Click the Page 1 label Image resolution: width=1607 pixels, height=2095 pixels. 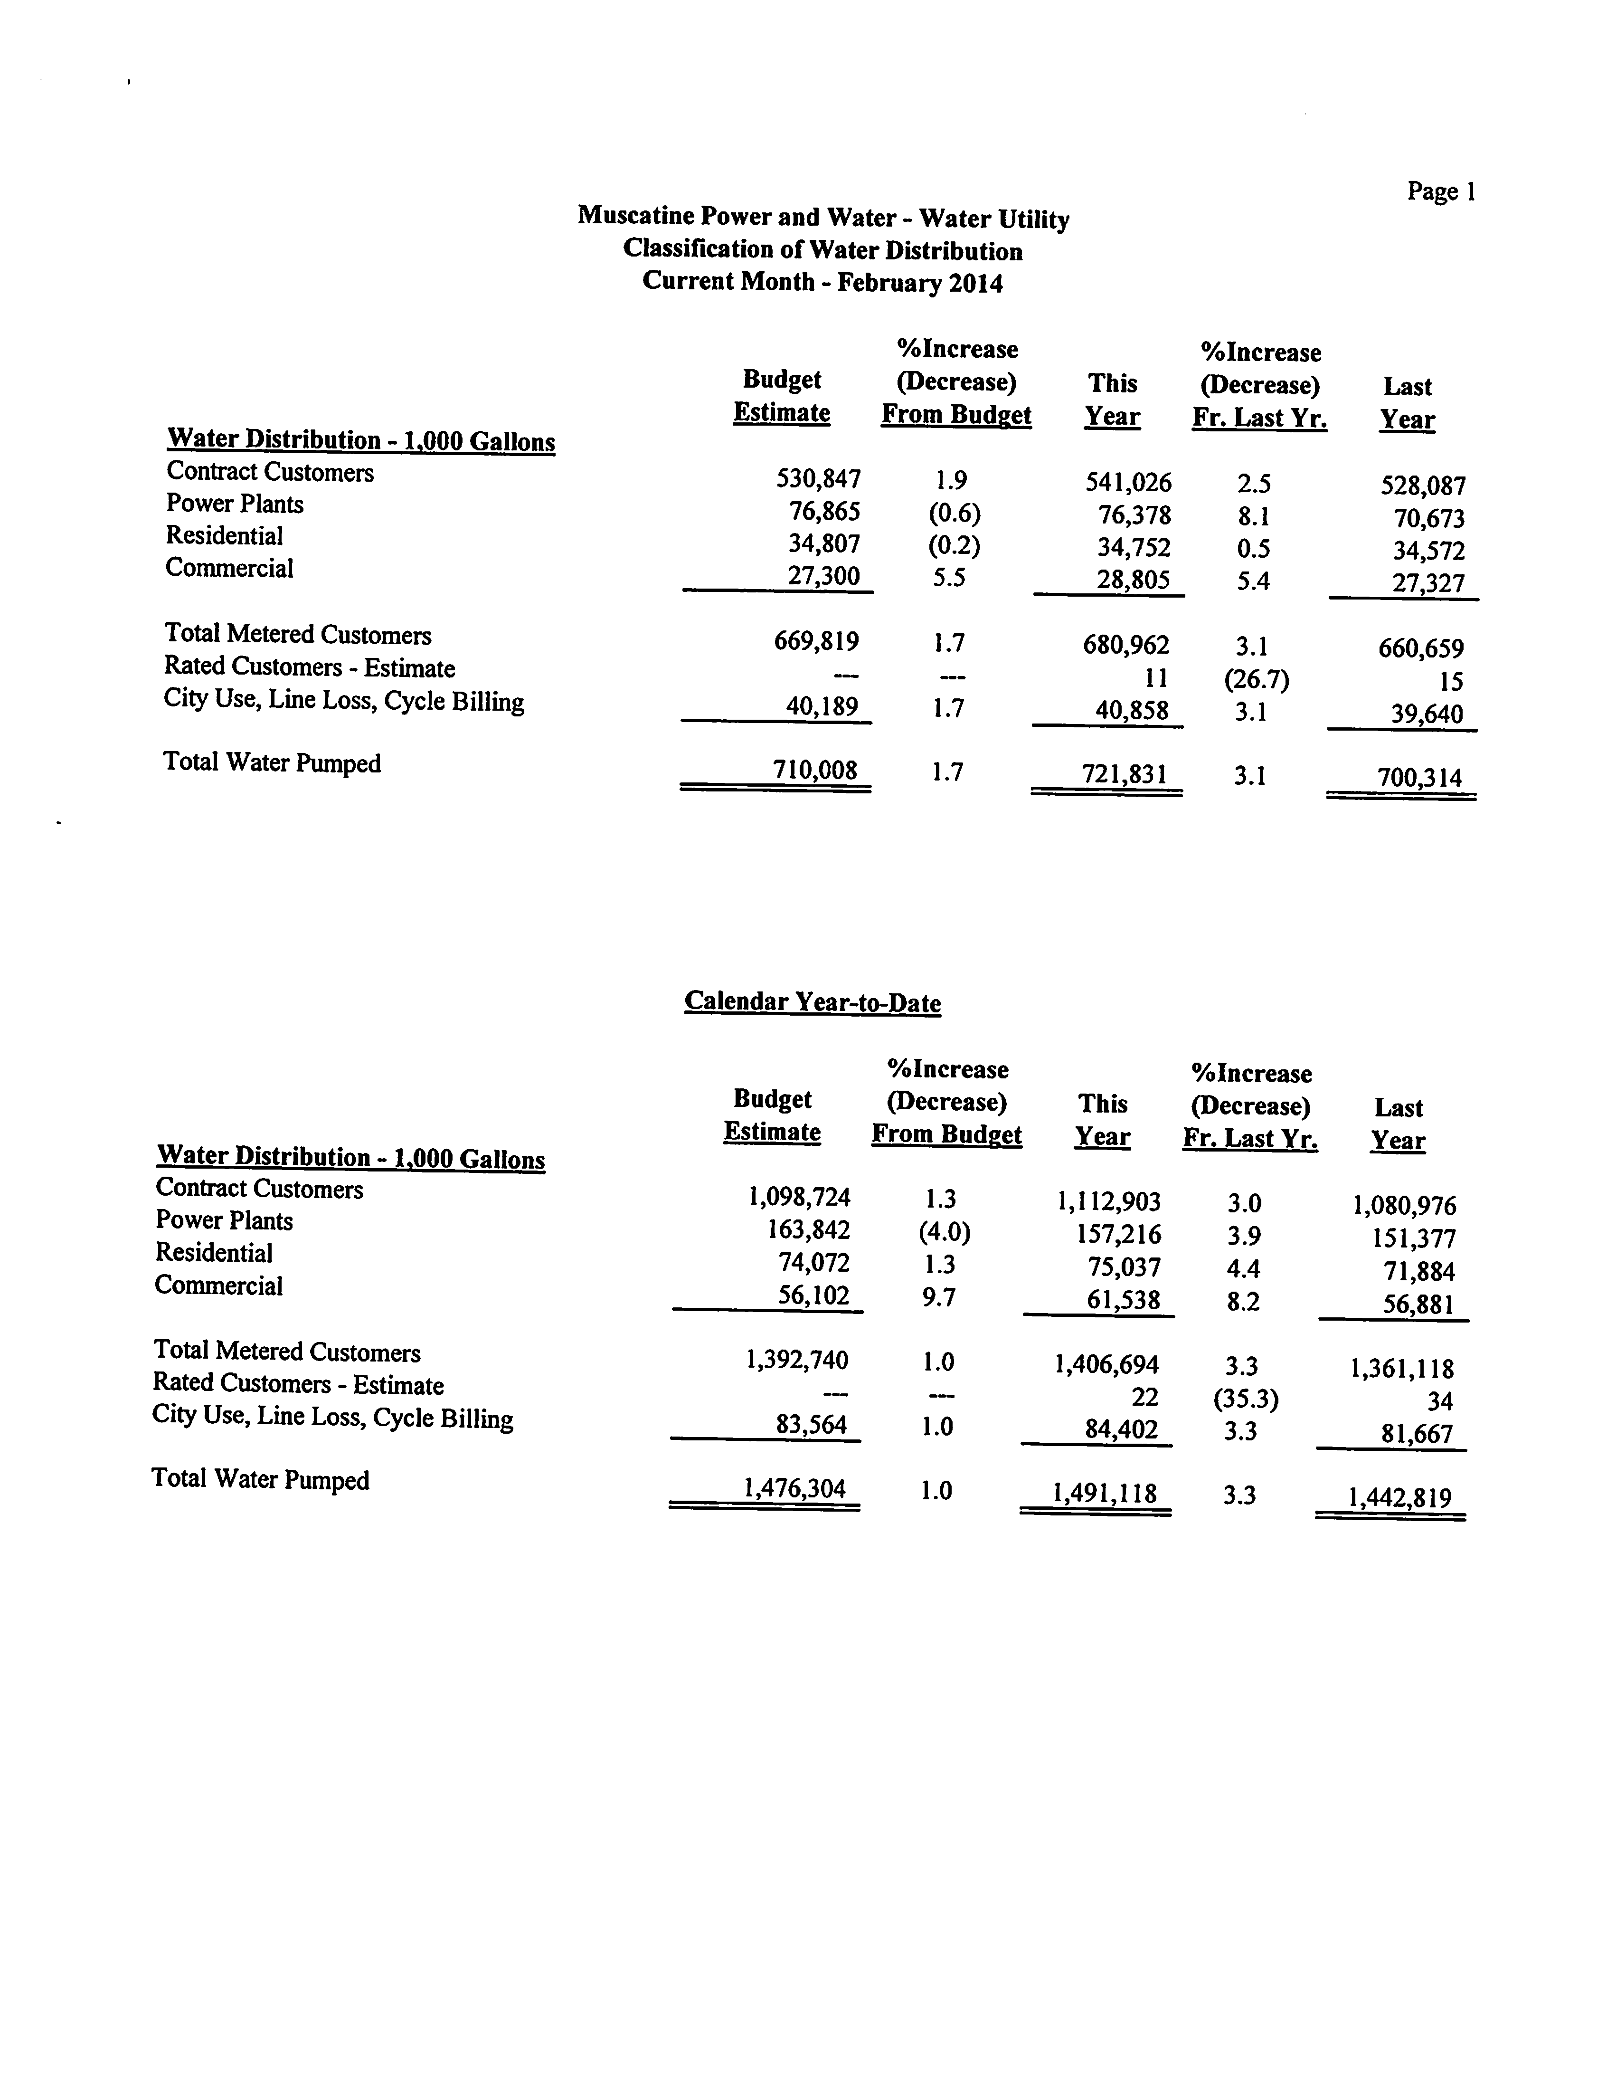[x=1441, y=192]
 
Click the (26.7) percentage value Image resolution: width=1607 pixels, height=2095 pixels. [x=1256, y=680]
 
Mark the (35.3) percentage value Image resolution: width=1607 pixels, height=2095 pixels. [x=1246, y=1400]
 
